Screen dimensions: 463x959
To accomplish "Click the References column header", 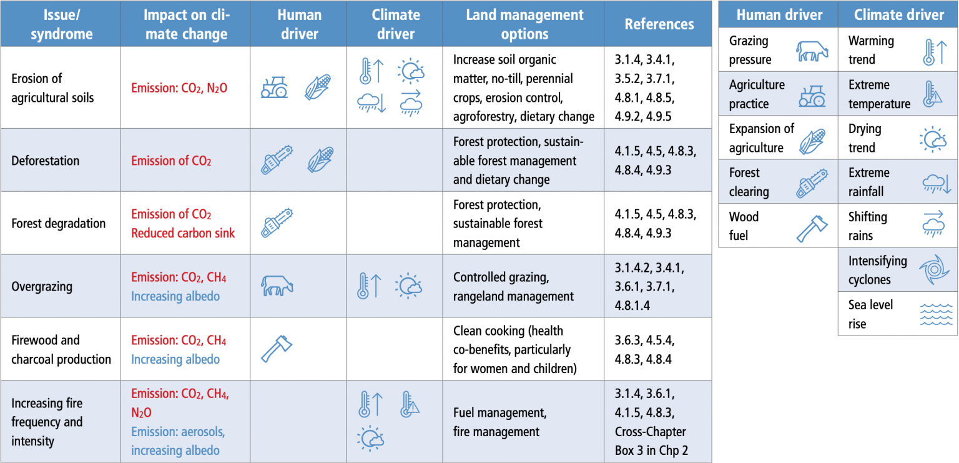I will click(x=659, y=24).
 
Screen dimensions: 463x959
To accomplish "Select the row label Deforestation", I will click(x=45, y=161).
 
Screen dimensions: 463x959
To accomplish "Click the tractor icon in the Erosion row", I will click(x=273, y=87).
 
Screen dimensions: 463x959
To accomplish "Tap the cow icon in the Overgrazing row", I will click(x=277, y=286).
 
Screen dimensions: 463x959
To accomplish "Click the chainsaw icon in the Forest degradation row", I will click(x=277, y=223).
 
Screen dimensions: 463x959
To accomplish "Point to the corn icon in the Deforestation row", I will click(x=320, y=159).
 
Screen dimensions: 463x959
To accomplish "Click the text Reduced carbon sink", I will click(x=182, y=233).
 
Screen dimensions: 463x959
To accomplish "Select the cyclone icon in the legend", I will click(x=933, y=271).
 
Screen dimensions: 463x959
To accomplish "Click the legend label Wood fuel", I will click(x=744, y=226).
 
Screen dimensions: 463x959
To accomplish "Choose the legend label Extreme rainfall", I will click(x=868, y=182).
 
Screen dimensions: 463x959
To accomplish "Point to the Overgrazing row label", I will click(x=41, y=287).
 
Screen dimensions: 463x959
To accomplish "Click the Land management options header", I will click(x=524, y=24).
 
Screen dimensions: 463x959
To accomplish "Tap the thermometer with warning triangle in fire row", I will click(x=410, y=404).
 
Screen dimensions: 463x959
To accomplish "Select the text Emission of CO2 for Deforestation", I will click(x=171, y=161).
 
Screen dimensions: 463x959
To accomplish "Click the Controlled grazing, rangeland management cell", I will click(x=504, y=287).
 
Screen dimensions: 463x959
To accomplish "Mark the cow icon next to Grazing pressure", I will click(x=812, y=51).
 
